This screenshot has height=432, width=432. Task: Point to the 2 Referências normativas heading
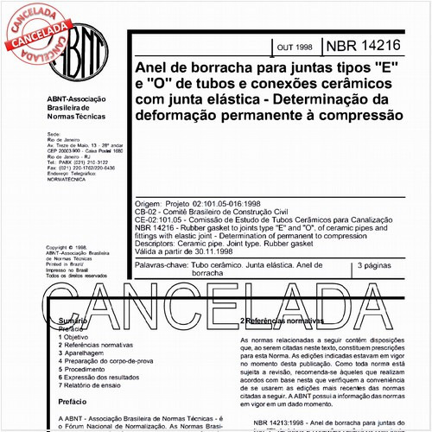coord(284,321)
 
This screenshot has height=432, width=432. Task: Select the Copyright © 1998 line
coord(68,247)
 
